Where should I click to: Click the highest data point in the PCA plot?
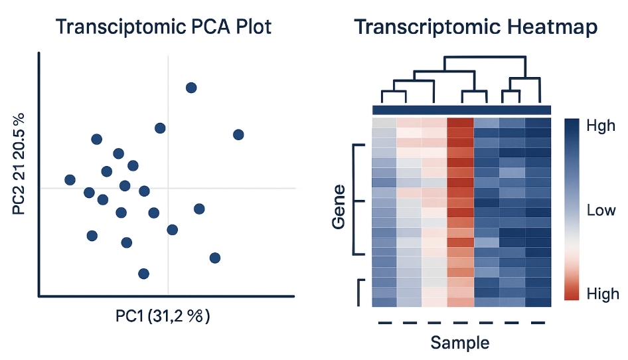point(191,88)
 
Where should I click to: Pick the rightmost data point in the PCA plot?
point(238,135)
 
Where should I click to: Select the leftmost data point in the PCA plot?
point(70,179)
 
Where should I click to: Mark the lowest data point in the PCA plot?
point(143,273)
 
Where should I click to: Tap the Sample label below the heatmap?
point(460,343)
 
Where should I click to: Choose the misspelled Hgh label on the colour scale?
point(601,126)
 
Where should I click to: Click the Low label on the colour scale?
point(602,211)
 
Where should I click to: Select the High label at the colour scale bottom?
point(603,293)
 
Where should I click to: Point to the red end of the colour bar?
point(573,292)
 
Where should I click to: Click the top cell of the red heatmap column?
point(460,124)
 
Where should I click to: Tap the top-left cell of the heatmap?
point(384,124)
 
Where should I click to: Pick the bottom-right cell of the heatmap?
point(538,302)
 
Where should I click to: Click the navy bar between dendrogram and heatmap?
point(461,110)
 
